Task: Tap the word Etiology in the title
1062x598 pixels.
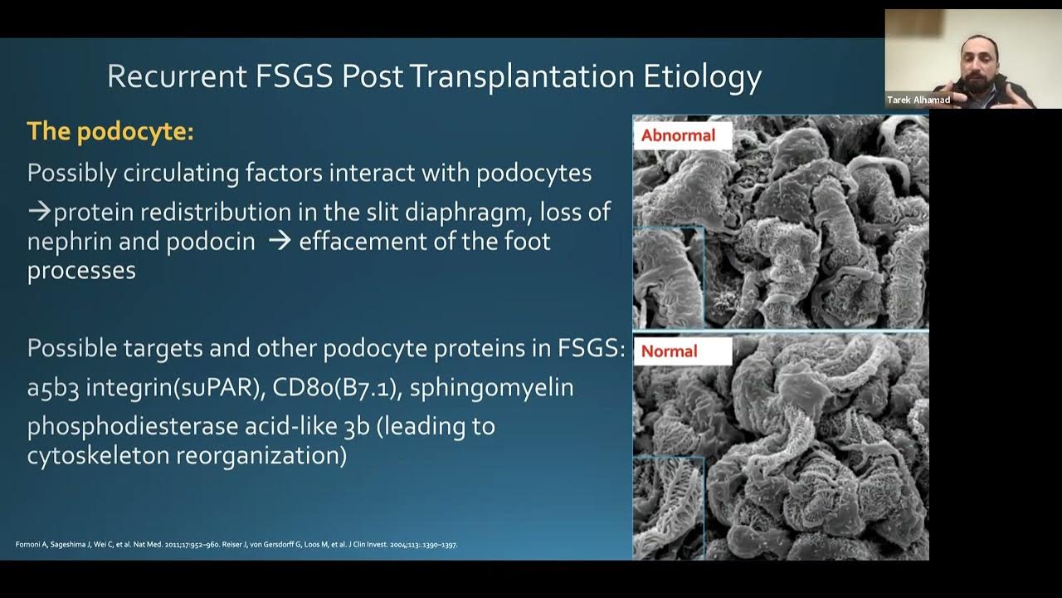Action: click(x=703, y=76)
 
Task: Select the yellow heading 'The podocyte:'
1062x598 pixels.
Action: click(x=110, y=131)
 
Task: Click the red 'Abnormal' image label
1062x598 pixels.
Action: click(x=678, y=135)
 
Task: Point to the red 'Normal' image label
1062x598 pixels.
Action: click(x=669, y=351)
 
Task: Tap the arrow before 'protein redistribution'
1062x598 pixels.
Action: click(x=39, y=212)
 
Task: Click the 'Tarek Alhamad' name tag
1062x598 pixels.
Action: click(x=918, y=100)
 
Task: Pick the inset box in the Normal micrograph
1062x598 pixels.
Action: click(x=668, y=505)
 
